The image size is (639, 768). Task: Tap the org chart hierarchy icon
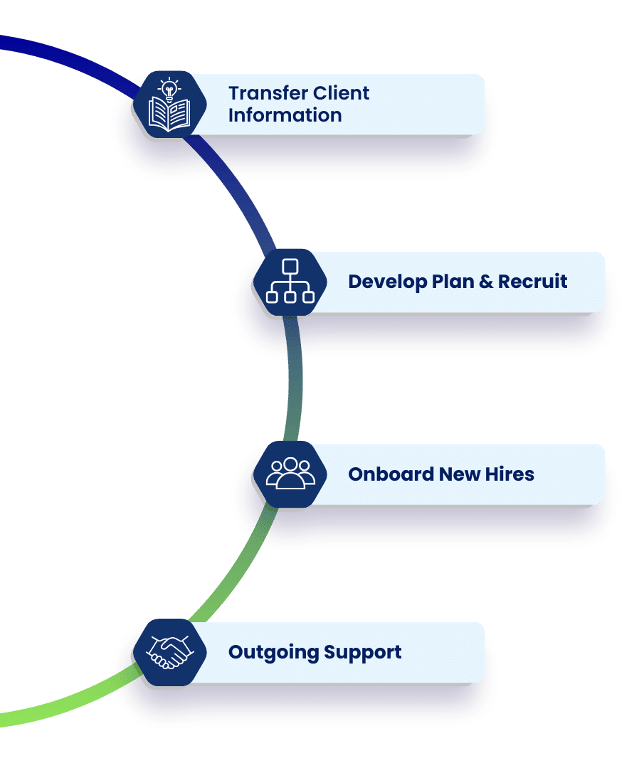pos(290,282)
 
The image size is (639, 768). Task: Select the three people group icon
pos(290,474)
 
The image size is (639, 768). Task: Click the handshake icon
pos(169,652)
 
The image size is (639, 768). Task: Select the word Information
pos(285,115)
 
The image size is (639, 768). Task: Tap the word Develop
pos(385,282)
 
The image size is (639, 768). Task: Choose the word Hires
pos(509,474)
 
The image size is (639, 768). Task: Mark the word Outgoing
pos(273,652)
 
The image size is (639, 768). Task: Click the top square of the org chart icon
pos(290,267)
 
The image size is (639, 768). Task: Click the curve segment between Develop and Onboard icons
pos(293,377)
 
